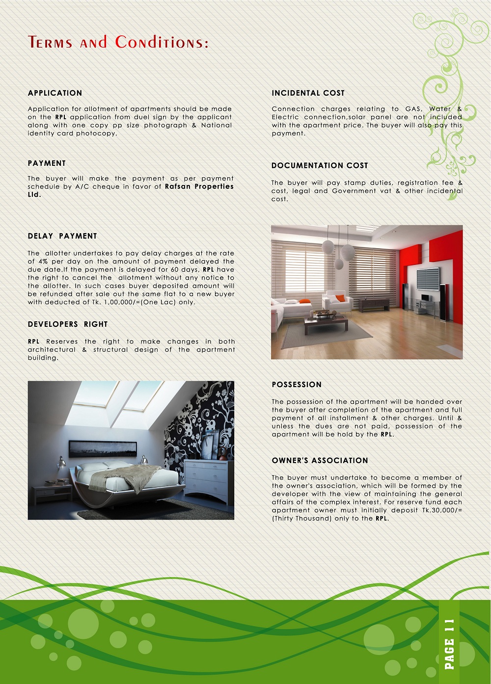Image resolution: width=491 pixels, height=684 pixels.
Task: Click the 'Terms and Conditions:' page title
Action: pyautogui.click(x=118, y=43)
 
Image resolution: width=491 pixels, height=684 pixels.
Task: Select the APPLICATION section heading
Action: pyautogui.click(x=55, y=93)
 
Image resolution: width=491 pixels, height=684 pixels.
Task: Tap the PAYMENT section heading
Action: pyautogui.click(x=47, y=163)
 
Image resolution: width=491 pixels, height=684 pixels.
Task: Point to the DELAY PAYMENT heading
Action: pyautogui.click(x=62, y=236)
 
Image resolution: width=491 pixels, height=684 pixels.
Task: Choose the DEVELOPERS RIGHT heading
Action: pyautogui.click(x=67, y=324)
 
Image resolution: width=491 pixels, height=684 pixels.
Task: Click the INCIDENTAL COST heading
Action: pyautogui.click(x=308, y=93)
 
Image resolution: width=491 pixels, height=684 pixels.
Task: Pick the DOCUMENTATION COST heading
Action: pyautogui.click(x=320, y=166)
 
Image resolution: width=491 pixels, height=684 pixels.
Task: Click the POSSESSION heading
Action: pyautogui.click(x=297, y=385)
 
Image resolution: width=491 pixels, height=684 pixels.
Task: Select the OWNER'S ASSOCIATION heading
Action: pyautogui.click(x=320, y=461)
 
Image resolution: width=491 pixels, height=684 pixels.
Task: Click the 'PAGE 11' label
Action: pyautogui.click(x=449, y=644)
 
